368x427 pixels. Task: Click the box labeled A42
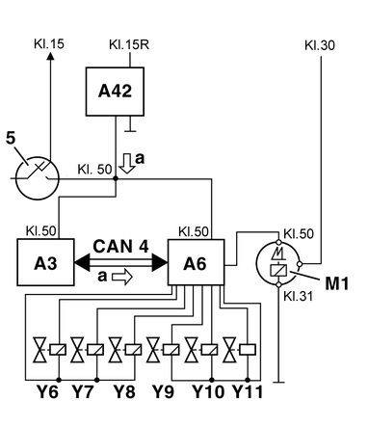[x=115, y=92]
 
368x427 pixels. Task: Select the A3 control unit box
[x=45, y=262]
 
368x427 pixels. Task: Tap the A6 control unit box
[x=196, y=262]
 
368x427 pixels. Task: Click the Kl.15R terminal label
[x=129, y=44]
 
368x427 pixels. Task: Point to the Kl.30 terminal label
[x=320, y=45]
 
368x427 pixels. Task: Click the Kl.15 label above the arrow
[x=49, y=44]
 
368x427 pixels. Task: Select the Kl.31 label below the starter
[x=298, y=296]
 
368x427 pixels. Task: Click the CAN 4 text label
[x=120, y=247]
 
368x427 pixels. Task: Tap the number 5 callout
[x=11, y=139]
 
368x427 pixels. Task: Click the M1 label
[x=337, y=283]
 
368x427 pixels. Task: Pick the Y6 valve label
[x=47, y=391]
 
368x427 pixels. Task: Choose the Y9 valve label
[x=163, y=391]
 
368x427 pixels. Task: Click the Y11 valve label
[x=248, y=391]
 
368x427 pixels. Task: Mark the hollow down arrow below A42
[x=126, y=164]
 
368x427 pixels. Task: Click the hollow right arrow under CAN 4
[x=122, y=277]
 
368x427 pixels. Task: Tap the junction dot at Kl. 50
[x=116, y=178]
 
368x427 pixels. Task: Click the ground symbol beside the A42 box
[x=130, y=125]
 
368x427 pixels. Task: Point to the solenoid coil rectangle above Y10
[x=209, y=350]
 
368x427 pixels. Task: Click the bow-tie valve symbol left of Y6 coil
[x=40, y=350]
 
